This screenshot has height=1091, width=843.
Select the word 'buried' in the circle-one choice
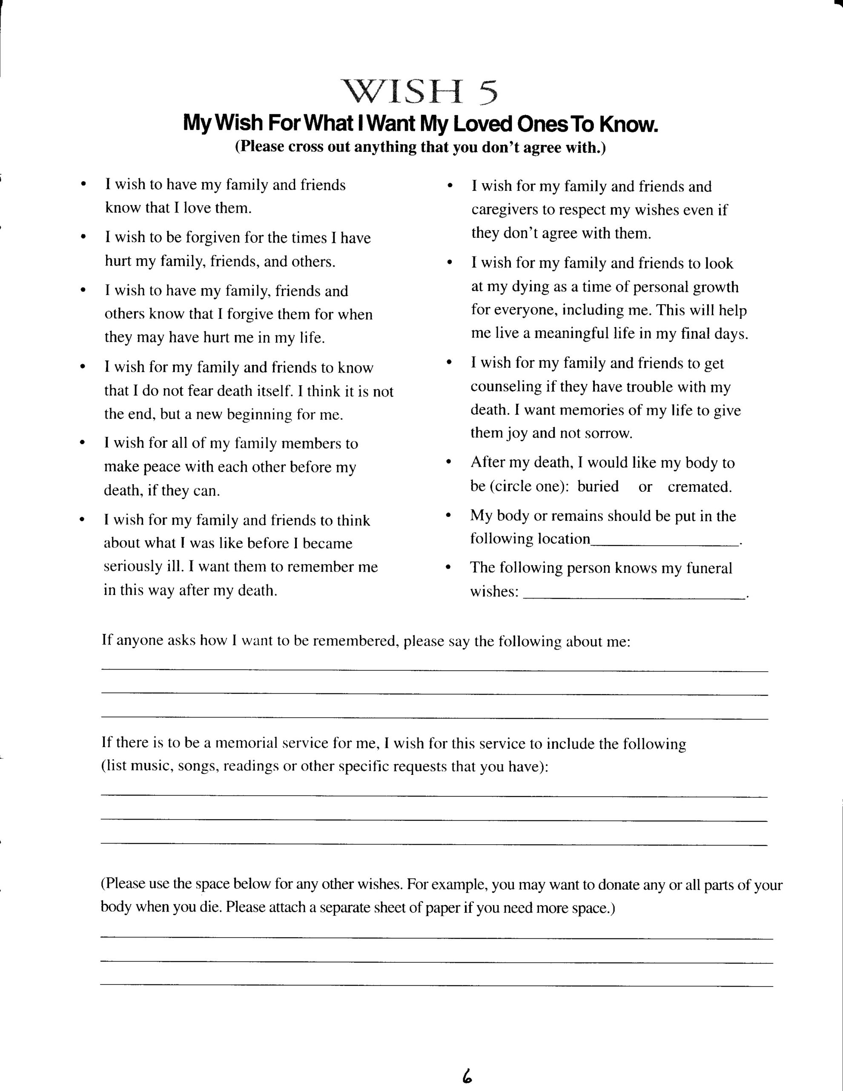coord(598,487)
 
